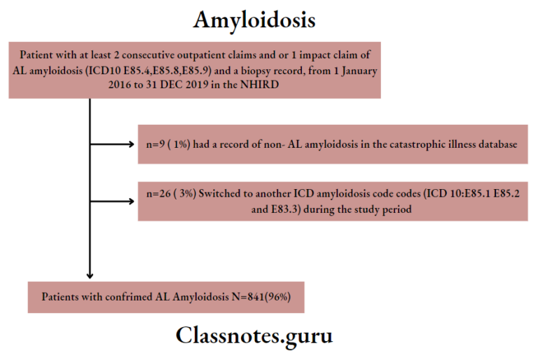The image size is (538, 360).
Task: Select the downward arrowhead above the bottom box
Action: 90,274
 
